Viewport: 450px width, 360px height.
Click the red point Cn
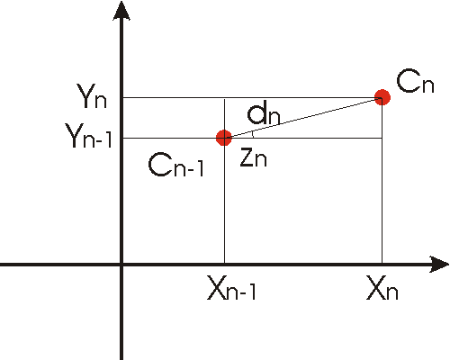click(382, 97)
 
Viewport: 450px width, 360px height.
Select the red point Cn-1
click(224, 138)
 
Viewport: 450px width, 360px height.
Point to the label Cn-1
click(176, 165)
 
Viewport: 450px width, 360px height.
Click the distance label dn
click(264, 115)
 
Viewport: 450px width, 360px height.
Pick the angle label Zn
click(254, 158)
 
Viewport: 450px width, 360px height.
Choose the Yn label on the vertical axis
click(92, 96)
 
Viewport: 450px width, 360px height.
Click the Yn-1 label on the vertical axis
click(89, 136)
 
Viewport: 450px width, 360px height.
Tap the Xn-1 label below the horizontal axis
click(232, 288)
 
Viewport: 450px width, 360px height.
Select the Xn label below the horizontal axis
click(382, 288)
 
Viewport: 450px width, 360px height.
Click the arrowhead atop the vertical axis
click(121, 11)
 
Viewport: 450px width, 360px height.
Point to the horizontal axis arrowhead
click(439, 265)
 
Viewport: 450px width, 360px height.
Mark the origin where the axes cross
click(121, 265)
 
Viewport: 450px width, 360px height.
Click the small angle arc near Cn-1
click(253, 134)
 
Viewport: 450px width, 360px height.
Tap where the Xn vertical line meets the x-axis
click(382, 264)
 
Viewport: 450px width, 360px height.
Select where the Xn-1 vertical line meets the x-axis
click(224, 264)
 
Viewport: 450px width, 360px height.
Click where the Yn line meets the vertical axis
click(122, 97)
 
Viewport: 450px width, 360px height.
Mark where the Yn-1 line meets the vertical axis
click(122, 138)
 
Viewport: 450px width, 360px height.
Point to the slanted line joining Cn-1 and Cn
click(303, 118)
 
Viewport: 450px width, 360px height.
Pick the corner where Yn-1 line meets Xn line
click(382, 138)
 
